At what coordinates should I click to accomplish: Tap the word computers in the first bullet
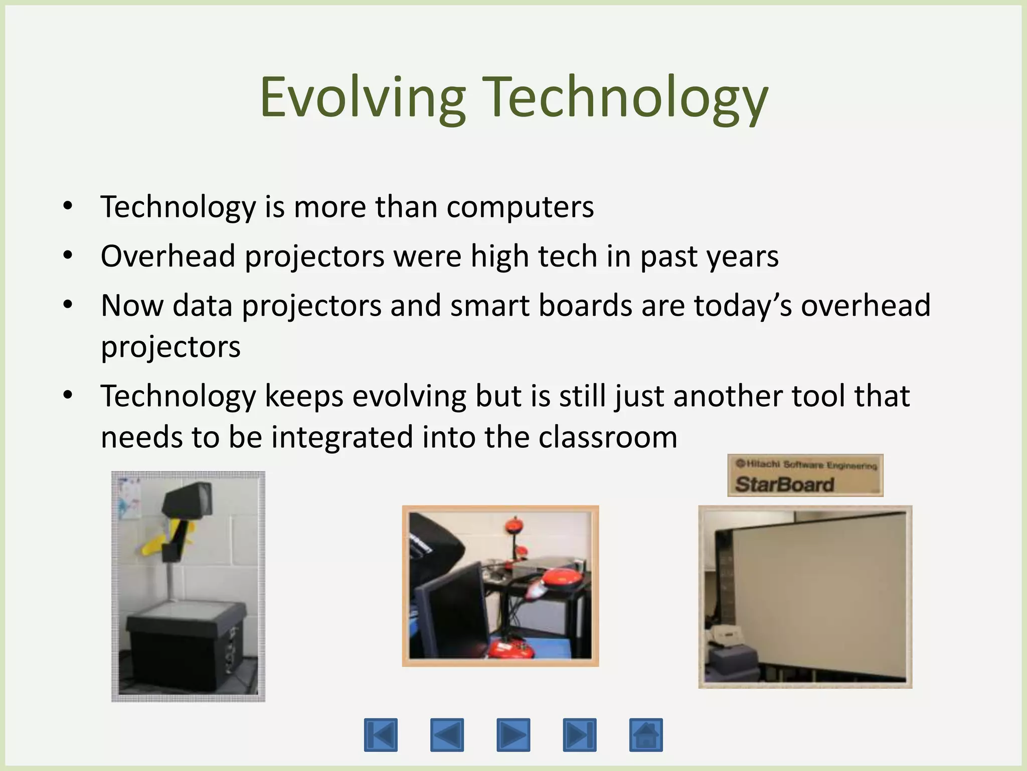[520, 207]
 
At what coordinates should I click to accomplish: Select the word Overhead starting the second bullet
[168, 256]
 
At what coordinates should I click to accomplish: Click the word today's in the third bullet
[743, 306]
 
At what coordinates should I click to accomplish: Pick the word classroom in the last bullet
[608, 437]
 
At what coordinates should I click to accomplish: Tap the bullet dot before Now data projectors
[68, 305]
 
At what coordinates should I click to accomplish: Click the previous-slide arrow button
[447, 735]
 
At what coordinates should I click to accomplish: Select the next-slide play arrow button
[513, 735]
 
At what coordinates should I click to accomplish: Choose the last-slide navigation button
[580, 735]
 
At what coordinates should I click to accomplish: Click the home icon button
[646, 735]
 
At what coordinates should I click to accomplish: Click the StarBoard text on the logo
[784, 484]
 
